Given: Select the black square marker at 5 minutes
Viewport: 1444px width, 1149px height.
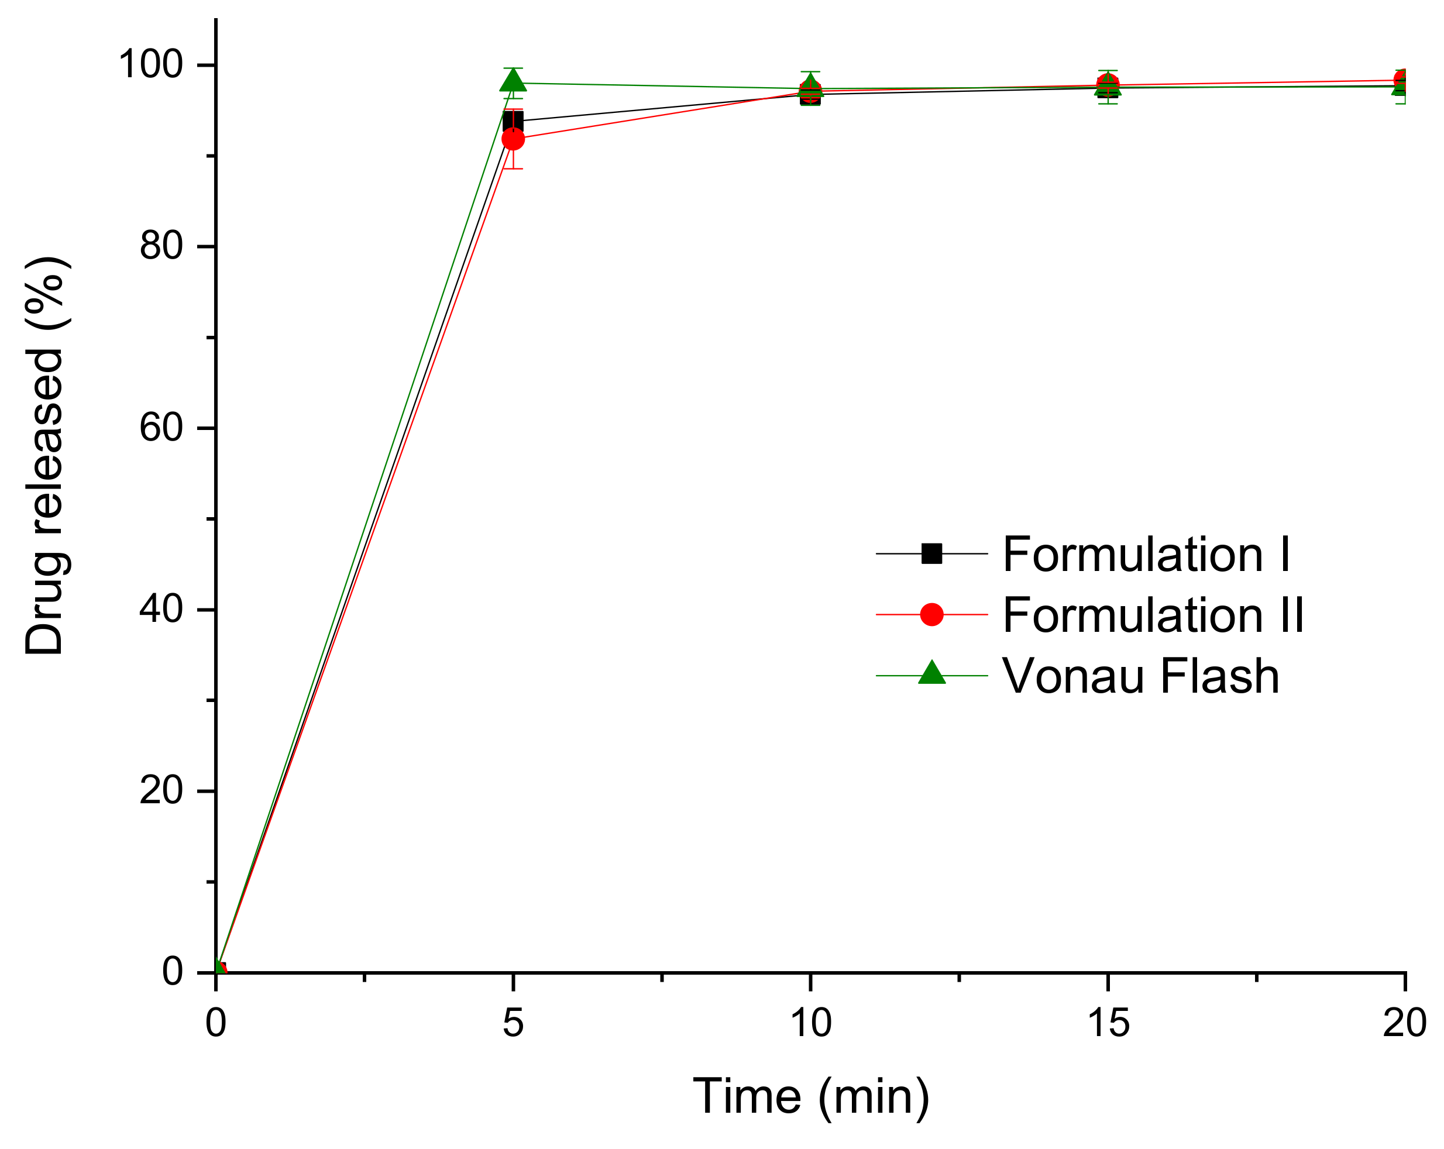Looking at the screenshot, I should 513,122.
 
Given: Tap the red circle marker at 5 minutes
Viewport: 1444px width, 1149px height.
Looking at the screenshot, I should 513,139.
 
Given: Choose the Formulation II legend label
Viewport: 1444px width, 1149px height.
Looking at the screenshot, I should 1153,615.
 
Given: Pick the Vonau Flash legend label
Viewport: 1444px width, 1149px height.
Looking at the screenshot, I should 1140,676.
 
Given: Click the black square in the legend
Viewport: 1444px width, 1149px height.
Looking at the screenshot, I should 931,554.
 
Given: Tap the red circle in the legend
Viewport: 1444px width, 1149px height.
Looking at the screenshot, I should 931,614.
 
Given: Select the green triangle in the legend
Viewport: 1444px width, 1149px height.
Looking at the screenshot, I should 931,673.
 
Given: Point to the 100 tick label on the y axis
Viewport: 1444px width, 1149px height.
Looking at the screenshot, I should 151,65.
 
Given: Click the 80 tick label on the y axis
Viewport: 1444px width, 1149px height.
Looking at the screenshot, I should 161,246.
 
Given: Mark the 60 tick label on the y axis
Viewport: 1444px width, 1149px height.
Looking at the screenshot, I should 161,428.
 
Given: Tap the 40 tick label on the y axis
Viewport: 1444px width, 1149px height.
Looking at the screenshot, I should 161,610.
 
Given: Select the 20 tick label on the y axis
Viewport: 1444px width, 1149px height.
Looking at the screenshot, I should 161,791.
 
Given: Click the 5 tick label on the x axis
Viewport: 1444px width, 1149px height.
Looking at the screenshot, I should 513,1023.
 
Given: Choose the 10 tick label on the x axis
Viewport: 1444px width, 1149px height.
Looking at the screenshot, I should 810,1023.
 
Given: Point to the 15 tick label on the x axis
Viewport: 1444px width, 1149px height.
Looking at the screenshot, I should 1108,1023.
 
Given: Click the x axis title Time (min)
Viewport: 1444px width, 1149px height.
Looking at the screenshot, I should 810,1097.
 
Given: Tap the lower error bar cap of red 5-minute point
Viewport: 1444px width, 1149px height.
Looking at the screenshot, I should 513,168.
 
